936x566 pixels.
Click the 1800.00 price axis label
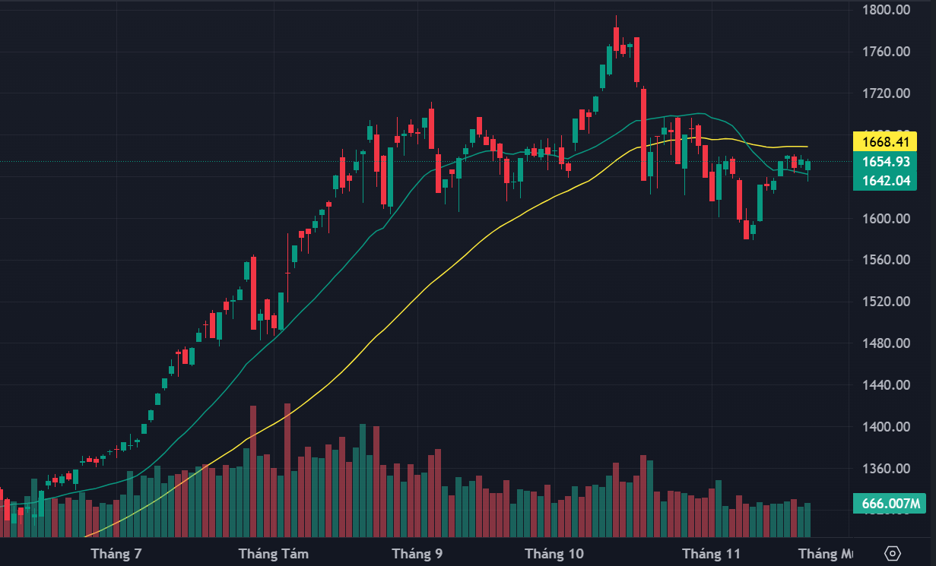887,10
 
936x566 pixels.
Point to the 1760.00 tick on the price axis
887,52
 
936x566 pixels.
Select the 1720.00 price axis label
887,93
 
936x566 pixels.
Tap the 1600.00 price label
887,219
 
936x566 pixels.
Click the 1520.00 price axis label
887,302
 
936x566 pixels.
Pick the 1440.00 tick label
887,385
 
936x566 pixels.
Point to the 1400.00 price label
887,427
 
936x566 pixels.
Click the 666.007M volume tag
890,503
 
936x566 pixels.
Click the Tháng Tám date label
274,554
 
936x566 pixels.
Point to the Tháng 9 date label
417,554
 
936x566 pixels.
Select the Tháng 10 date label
554,554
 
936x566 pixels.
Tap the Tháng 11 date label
711,554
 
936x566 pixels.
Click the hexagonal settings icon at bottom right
893,553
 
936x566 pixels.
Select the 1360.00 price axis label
887,469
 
